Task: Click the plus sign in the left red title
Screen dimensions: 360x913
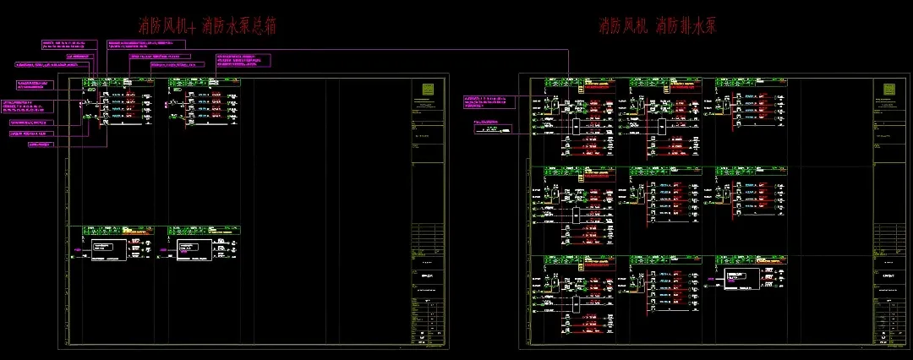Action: pyautogui.click(x=191, y=27)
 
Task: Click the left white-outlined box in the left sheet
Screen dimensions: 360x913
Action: pyautogui.click(x=107, y=249)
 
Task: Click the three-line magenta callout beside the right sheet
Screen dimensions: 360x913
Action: pyautogui.click(x=489, y=101)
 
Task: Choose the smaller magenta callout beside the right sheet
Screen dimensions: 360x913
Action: pyautogui.click(x=495, y=124)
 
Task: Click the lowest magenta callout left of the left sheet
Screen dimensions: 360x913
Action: pyautogui.click(x=46, y=144)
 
